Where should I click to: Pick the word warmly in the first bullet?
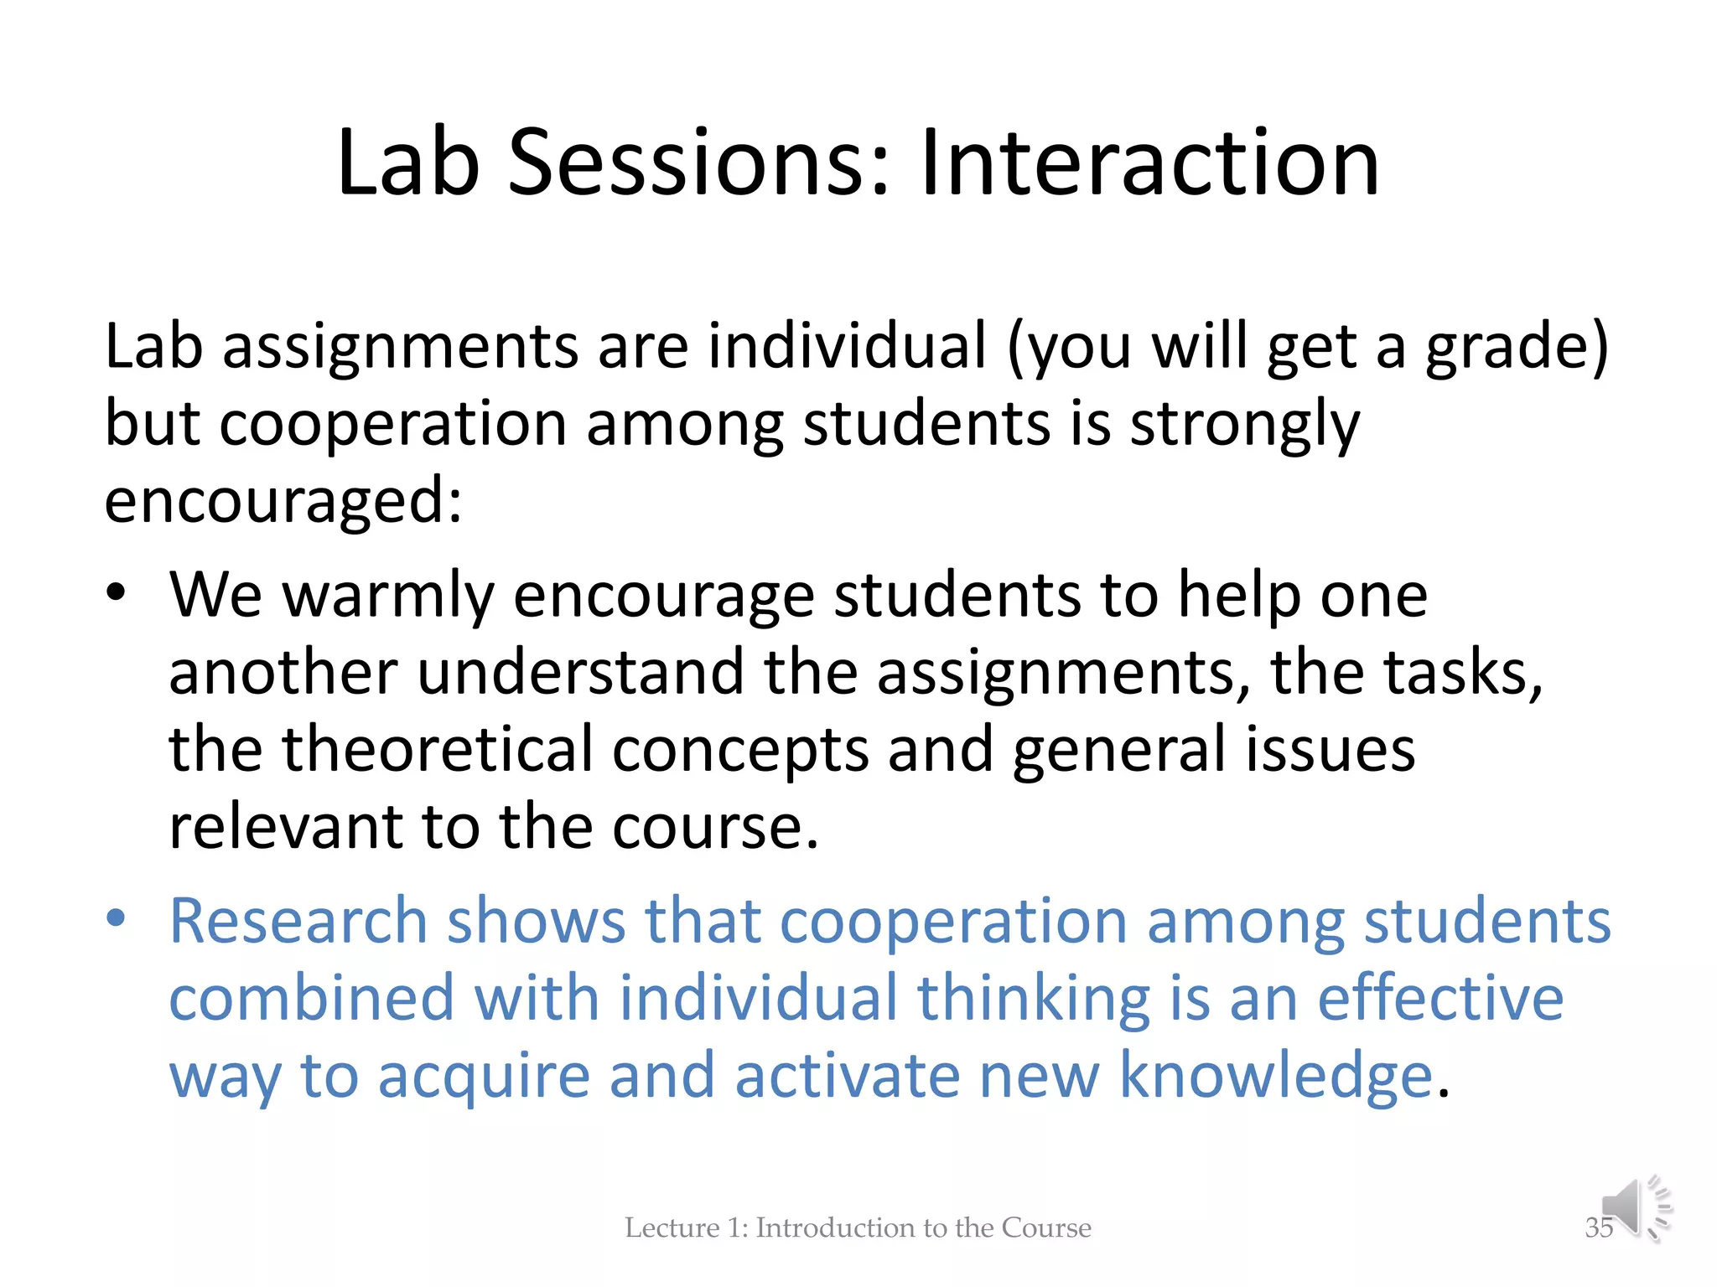pyautogui.click(x=387, y=597)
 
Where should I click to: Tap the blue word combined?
pyautogui.click(x=311, y=999)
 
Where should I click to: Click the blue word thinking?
pyautogui.click(x=1033, y=999)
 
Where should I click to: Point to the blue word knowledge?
pyautogui.click(x=1275, y=1076)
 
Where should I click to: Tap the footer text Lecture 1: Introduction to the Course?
pyautogui.click(x=858, y=1228)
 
